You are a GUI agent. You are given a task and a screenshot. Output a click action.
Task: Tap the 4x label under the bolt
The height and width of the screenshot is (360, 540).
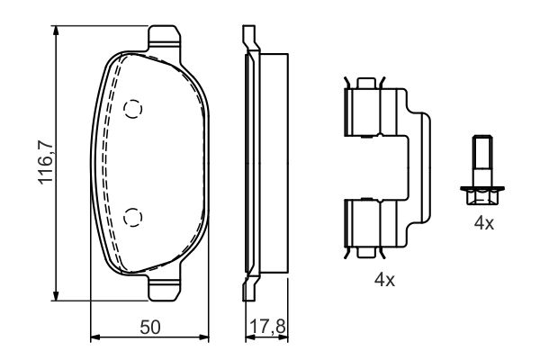(484, 223)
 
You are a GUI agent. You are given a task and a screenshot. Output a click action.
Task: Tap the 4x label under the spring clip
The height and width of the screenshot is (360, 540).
(384, 280)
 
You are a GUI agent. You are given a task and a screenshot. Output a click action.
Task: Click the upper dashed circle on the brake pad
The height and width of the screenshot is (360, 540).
(133, 109)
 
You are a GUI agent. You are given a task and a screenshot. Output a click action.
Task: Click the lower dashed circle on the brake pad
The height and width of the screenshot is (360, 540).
(133, 216)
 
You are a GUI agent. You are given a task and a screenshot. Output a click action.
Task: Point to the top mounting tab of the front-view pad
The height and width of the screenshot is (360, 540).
(164, 37)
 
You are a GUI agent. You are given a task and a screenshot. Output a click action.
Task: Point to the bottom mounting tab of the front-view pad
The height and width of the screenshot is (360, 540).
(164, 290)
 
